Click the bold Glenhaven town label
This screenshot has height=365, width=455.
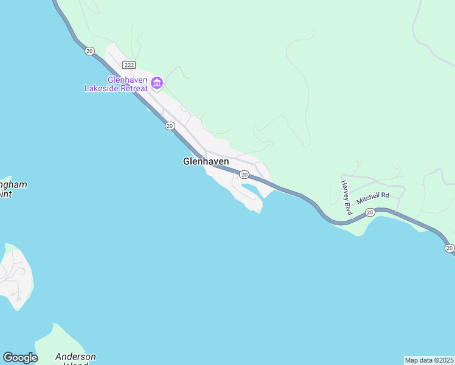[206, 162]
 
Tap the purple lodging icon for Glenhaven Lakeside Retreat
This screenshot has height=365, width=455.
[157, 83]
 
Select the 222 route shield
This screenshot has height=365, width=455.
[128, 64]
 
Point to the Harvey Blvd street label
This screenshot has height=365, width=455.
[347, 198]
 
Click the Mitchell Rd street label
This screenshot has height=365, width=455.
[372, 198]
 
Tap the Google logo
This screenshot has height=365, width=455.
[20, 358]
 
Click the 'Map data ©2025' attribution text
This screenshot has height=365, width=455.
[429, 360]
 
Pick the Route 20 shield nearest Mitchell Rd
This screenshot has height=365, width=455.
[370, 212]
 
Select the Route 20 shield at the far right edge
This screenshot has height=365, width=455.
[449, 248]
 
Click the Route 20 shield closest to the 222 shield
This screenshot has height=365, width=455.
[90, 52]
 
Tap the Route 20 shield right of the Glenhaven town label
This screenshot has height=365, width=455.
[244, 175]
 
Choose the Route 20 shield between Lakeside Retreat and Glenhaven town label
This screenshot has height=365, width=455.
[170, 126]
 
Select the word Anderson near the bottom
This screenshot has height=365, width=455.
[75, 356]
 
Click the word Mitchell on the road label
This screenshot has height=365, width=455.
[368, 200]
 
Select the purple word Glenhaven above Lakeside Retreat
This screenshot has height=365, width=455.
[128, 80]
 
